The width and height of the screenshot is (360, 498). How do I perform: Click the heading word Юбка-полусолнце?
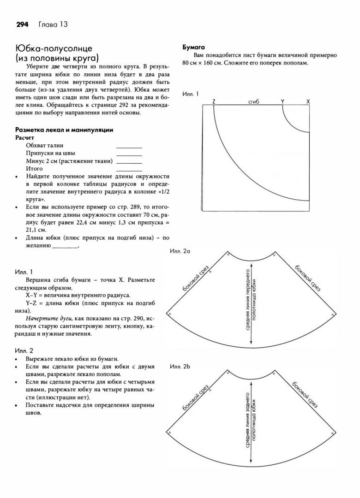point(54,49)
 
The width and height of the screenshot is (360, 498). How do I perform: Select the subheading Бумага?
point(194,47)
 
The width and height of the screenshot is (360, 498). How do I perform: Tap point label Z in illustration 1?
point(214,101)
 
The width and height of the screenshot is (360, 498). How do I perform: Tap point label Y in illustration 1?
point(282,101)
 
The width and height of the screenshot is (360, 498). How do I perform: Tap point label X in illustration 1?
point(308,101)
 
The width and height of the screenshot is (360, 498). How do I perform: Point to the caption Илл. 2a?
point(180,251)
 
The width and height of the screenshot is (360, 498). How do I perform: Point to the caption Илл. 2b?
point(180,367)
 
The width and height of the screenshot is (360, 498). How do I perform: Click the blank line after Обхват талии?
point(129,147)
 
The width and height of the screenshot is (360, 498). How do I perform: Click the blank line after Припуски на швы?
point(129,154)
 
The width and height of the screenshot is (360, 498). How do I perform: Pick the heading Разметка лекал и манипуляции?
point(64,130)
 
